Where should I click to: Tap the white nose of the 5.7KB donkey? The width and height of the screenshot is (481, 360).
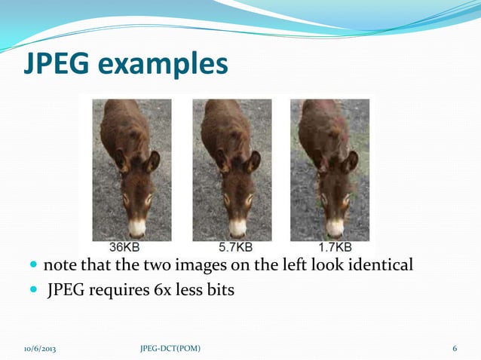(237, 227)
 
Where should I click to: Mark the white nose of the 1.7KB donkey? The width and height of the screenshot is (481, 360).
(335, 227)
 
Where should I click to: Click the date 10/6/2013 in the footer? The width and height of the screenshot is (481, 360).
(40, 349)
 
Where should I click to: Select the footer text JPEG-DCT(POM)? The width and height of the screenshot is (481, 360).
(170, 349)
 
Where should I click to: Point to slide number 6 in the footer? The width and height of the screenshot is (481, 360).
(455, 349)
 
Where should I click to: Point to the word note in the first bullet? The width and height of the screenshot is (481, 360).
(59, 266)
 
